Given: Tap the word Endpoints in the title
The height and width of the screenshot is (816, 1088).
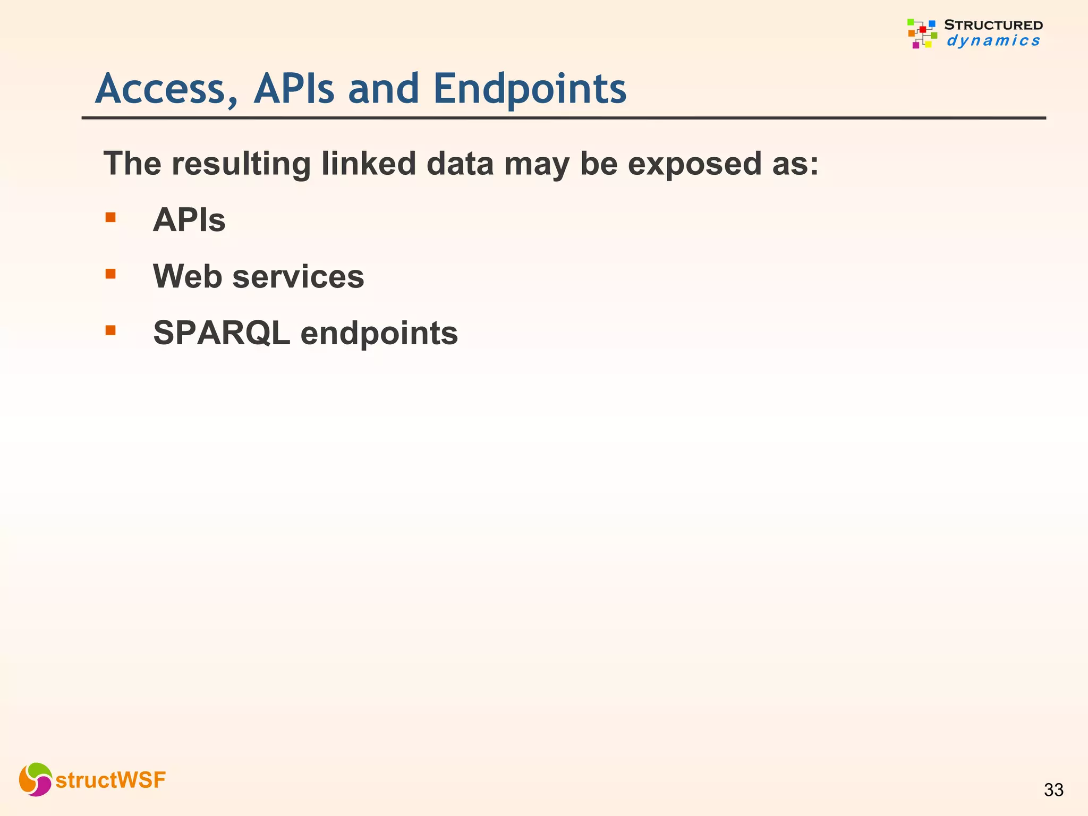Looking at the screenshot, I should click(x=530, y=89).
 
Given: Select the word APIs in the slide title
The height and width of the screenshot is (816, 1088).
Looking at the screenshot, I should click(x=294, y=89).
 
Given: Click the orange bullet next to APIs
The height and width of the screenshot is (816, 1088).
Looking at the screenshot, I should click(x=110, y=217).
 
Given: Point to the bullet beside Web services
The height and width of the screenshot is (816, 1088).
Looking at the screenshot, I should click(x=110, y=274).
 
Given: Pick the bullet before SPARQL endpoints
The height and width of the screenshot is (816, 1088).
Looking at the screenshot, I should click(x=110, y=330).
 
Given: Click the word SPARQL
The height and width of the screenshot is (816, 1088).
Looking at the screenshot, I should click(x=222, y=333).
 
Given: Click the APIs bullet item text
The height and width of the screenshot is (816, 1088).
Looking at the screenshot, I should click(x=189, y=220).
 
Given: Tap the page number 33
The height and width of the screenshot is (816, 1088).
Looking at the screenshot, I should click(x=1053, y=790).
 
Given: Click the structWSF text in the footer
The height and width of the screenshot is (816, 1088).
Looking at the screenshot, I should click(x=110, y=780).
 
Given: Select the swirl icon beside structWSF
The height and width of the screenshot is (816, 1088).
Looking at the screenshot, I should click(x=35, y=779).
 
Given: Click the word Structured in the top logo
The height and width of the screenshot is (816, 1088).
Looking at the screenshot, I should click(x=993, y=25).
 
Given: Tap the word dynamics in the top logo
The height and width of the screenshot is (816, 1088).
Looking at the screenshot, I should click(x=993, y=41).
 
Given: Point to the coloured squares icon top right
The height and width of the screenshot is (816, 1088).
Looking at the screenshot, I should click(x=922, y=33).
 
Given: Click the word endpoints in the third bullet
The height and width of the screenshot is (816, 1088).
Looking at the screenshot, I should click(x=379, y=333).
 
